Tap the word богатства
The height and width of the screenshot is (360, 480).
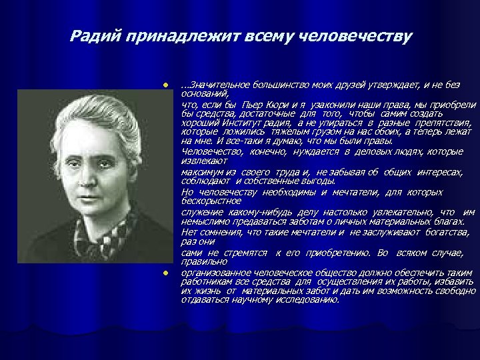(x=444, y=232)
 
